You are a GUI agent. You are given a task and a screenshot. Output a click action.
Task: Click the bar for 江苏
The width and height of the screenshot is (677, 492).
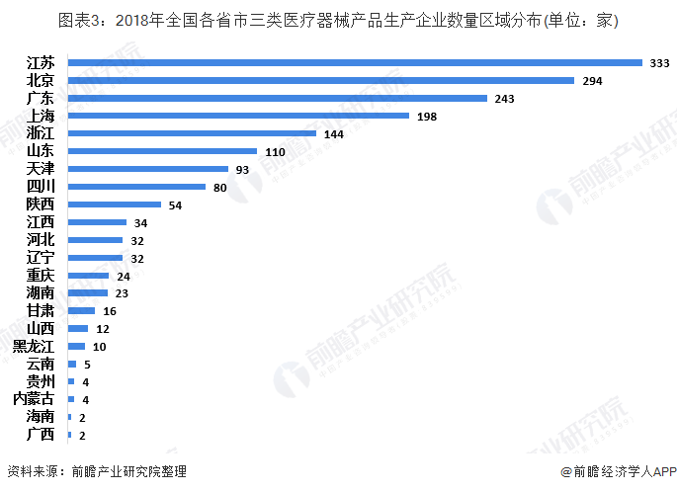[x=355, y=62]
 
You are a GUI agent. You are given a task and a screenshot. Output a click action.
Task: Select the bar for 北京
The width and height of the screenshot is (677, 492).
[x=320, y=80]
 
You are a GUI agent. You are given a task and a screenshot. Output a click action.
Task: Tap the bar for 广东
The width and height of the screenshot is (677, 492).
[x=278, y=98]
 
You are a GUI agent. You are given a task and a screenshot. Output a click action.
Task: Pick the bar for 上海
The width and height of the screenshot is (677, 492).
[x=238, y=116]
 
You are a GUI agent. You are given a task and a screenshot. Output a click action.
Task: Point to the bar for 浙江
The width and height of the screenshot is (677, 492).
[x=192, y=133]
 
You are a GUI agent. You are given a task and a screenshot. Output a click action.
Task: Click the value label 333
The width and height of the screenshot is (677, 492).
[x=659, y=62]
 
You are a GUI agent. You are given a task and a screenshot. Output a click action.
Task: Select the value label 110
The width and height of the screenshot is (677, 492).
[x=276, y=151]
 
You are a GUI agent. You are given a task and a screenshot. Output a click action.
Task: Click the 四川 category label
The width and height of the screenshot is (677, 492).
[x=41, y=187]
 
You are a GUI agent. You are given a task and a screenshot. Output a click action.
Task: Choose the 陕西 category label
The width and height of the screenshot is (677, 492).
[x=41, y=205]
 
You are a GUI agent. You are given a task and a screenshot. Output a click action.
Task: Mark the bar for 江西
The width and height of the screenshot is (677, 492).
[x=97, y=222]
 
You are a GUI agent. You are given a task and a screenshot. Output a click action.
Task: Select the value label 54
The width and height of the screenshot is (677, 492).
[x=177, y=205]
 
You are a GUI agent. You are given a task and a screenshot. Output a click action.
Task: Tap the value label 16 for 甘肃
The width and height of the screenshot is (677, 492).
[x=110, y=310]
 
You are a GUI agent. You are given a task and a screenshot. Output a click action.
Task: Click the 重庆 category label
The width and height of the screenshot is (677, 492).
[x=41, y=275]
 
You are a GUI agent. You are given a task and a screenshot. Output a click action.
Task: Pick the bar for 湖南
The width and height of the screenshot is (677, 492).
[x=87, y=292]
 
